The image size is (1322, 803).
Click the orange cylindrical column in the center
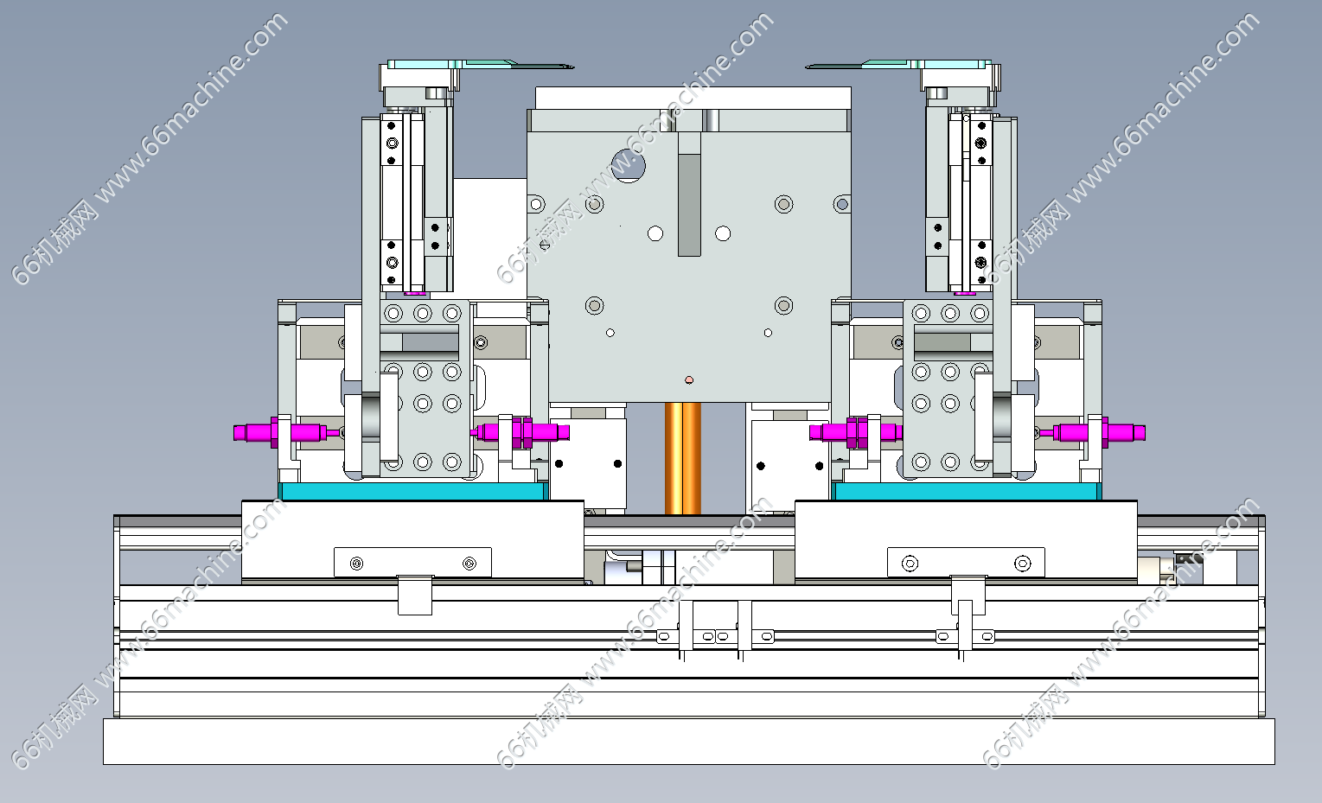(x=683, y=458)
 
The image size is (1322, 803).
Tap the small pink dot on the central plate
(x=689, y=380)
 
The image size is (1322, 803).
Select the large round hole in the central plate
(x=628, y=166)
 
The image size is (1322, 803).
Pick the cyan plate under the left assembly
(x=413, y=491)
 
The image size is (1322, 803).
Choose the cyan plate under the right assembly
(x=966, y=491)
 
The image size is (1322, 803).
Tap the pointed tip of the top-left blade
(x=573, y=67)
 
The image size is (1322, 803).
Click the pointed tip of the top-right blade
(x=807, y=67)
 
